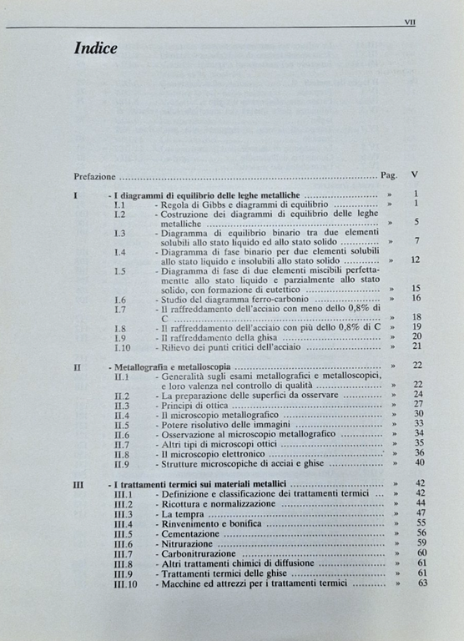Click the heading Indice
pyautogui.click(x=96, y=48)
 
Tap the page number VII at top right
pyautogui.click(x=409, y=23)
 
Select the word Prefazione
pyautogui.click(x=93, y=176)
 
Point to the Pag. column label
pyautogui.click(x=388, y=176)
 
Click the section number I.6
pyautogui.click(x=120, y=299)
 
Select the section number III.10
pyautogui.click(x=124, y=584)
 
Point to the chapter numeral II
pyautogui.click(x=77, y=366)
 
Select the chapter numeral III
pyautogui.click(x=78, y=484)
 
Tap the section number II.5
pyautogui.click(x=122, y=424)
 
